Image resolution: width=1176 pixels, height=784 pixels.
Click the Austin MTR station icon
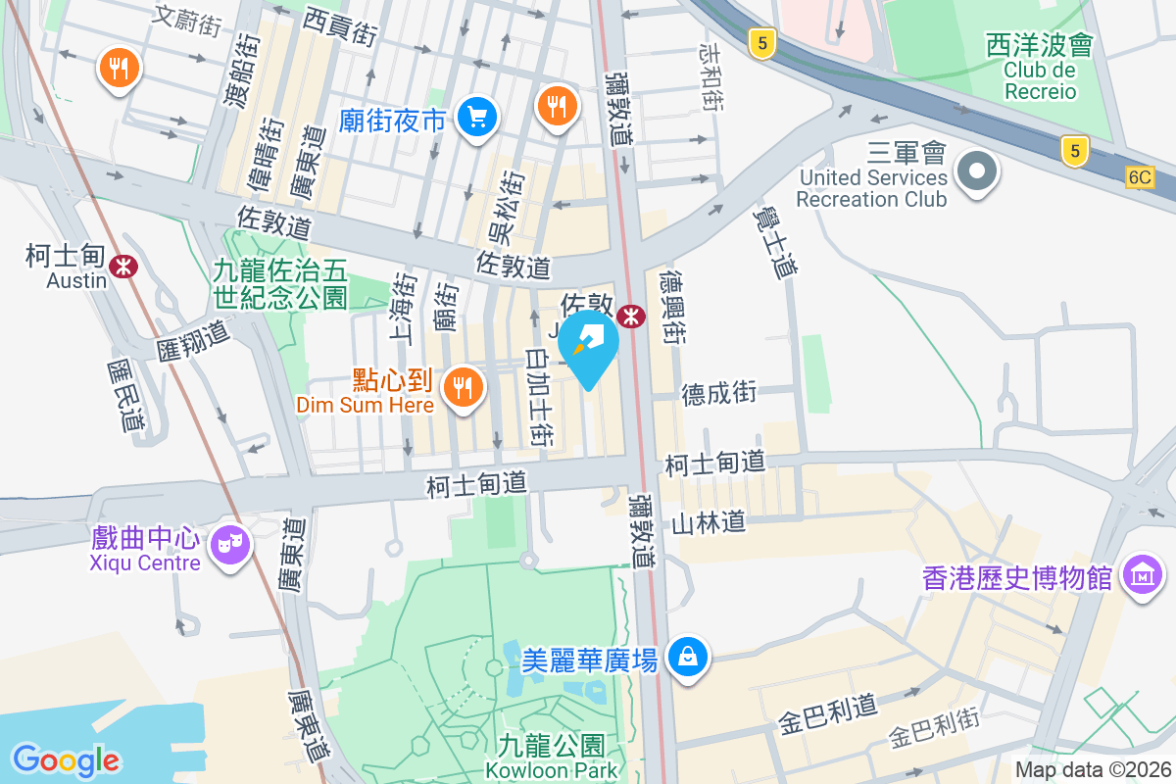click(x=123, y=266)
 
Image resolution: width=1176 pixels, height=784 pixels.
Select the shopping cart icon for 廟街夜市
click(x=477, y=119)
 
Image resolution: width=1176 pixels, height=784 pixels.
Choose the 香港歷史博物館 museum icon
click(x=1143, y=575)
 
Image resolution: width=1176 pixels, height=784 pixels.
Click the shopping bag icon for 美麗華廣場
click(x=689, y=656)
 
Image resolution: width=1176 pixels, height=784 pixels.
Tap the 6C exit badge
click(x=1140, y=177)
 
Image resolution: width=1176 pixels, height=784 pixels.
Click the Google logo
click(x=66, y=759)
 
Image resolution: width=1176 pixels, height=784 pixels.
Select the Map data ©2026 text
click(x=1093, y=770)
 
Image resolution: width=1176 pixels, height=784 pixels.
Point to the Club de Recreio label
click(x=1039, y=81)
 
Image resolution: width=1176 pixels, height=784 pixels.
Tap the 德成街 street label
click(x=719, y=393)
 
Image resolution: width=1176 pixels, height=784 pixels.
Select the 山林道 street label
click(x=709, y=522)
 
